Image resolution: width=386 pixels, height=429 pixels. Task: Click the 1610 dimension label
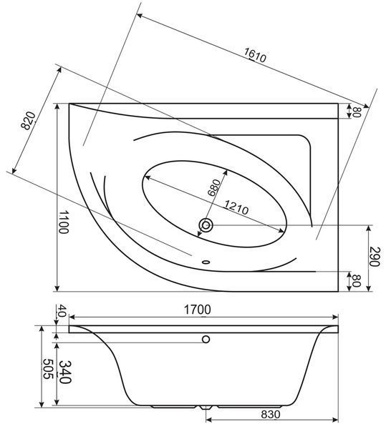(255, 55)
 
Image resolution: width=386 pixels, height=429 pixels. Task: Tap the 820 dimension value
(29, 120)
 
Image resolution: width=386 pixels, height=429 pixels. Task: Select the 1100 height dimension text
(63, 222)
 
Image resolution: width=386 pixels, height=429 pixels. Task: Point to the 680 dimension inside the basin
(214, 187)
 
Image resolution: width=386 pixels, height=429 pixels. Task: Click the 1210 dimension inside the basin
(237, 207)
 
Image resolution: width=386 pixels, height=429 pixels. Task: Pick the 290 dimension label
(375, 257)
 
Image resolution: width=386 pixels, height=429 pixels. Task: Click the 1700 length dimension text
(197, 310)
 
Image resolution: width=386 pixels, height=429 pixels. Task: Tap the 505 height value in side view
(47, 369)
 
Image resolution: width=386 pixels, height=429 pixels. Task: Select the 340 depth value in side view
(65, 372)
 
